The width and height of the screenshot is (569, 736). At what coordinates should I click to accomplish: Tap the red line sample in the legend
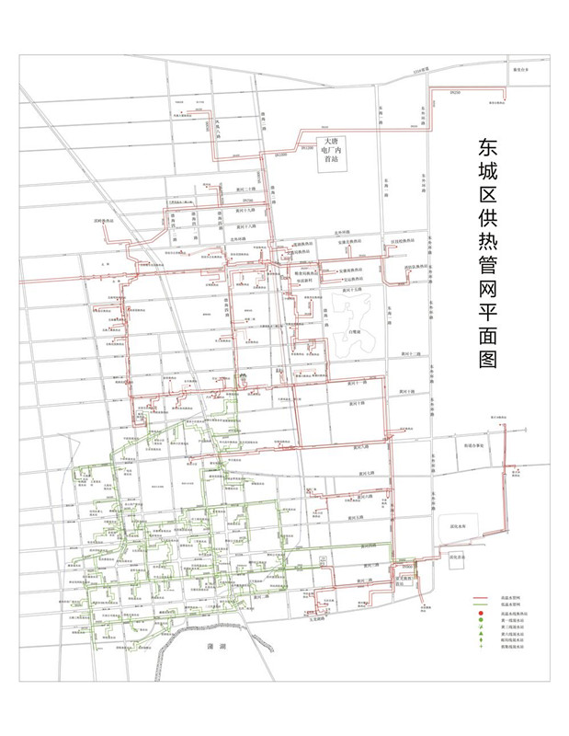pos(479,598)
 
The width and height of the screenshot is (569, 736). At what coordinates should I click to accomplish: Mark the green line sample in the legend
pos(479,604)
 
